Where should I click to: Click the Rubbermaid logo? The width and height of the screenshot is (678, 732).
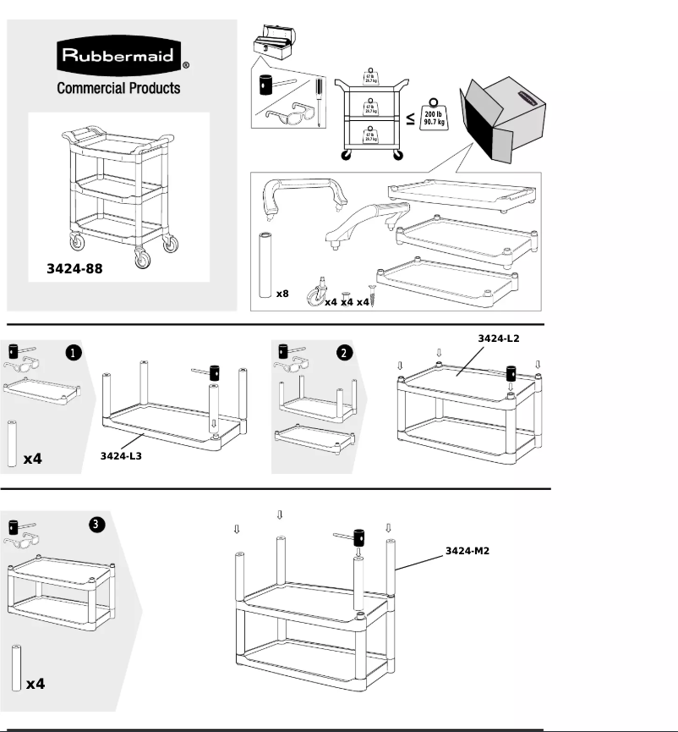(118, 58)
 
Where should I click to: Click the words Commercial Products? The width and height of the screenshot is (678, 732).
(118, 88)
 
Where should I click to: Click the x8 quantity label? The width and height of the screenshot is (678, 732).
(282, 294)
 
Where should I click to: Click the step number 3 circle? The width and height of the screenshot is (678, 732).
(97, 525)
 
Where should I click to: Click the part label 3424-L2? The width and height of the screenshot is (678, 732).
(499, 338)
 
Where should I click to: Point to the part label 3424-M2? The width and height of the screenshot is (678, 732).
(468, 551)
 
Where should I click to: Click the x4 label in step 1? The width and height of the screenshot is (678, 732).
(33, 458)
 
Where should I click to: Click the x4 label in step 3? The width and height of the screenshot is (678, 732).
(36, 683)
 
